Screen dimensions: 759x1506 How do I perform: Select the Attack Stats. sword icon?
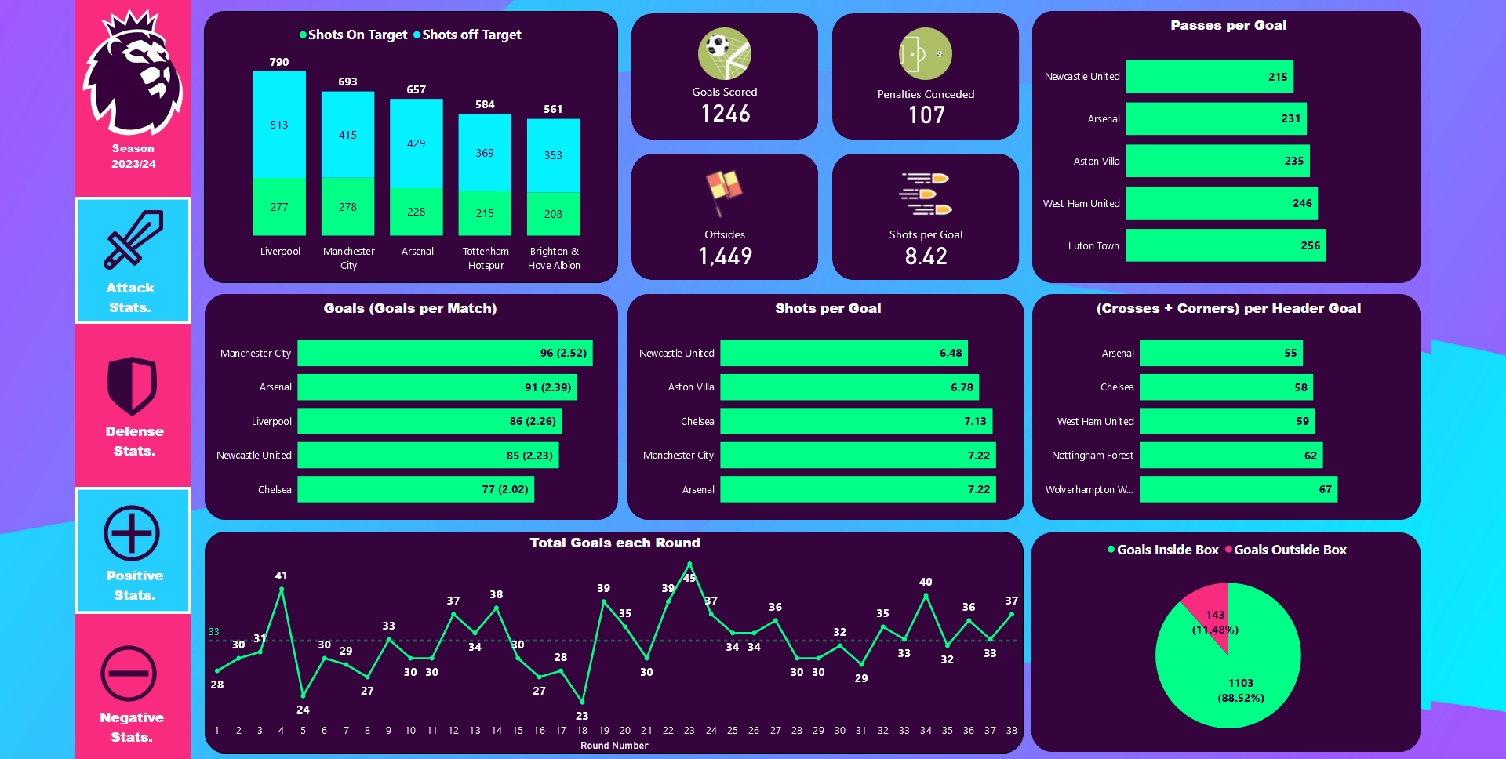(133, 238)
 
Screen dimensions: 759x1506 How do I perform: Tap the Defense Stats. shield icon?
(133, 385)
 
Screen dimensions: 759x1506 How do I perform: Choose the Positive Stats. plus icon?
(132, 533)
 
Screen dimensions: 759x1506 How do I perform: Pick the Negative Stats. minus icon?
(129, 673)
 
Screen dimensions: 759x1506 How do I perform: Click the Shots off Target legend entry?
(467, 34)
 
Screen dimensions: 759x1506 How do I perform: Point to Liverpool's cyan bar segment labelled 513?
(279, 125)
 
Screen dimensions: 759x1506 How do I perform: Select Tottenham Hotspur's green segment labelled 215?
(485, 213)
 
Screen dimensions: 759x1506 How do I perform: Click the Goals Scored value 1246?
(726, 114)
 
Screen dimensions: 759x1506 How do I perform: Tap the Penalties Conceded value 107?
(926, 115)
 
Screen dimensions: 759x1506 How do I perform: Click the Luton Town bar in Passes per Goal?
(1225, 245)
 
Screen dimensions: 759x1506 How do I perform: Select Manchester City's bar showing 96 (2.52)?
(445, 353)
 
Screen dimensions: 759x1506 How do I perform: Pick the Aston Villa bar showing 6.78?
(849, 387)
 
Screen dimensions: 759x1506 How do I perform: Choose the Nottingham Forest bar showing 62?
(1231, 456)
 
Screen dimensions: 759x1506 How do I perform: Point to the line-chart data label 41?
(281, 576)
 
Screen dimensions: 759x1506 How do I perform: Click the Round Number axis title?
(614, 746)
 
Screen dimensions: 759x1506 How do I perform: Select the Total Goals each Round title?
(614, 543)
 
